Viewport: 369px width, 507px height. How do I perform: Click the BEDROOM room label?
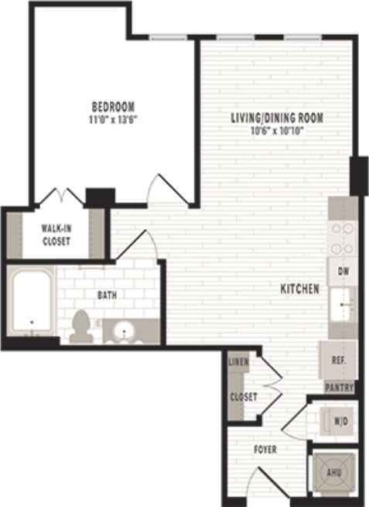click(x=113, y=106)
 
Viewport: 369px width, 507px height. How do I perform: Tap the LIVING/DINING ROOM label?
click(x=276, y=118)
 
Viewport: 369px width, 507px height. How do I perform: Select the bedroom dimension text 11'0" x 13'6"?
click(x=113, y=118)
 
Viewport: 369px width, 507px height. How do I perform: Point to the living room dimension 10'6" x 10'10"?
click(x=276, y=130)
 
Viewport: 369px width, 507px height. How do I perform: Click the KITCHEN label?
click(x=299, y=289)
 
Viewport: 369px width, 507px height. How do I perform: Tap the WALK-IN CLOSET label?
click(x=56, y=235)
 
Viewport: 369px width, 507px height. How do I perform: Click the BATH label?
click(x=107, y=295)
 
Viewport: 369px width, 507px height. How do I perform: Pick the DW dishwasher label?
click(x=342, y=272)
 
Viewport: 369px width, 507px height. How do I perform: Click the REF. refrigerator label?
click(x=339, y=361)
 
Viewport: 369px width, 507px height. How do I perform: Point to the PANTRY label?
click(x=340, y=387)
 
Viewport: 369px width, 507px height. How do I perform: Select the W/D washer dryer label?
click(x=340, y=422)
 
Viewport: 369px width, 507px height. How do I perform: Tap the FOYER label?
click(x=265, y=449)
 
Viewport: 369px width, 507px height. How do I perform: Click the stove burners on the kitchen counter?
click(x=342, y=238)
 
